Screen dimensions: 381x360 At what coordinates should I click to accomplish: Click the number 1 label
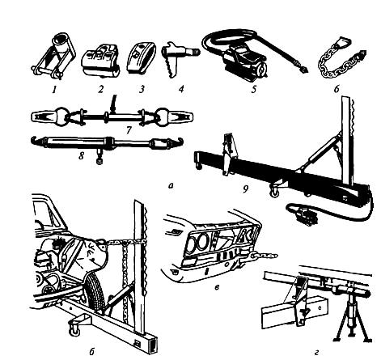click(x=55, y=89)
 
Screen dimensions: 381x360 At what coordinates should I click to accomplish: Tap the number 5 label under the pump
click(x=254, y=89)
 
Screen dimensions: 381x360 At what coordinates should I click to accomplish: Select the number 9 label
click(x=245, y=189)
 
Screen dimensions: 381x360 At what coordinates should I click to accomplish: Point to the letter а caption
click(x=170, y=186)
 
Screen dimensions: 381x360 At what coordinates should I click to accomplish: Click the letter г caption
click(x=317, y=352)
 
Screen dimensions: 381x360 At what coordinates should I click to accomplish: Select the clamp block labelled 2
click(x=100, y=59)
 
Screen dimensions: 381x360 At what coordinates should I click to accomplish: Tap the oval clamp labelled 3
click(x=141, y=57)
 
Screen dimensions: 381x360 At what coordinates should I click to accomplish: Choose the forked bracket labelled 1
click(x=54, y=56)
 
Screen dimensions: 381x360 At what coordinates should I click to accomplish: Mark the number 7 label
click(x=129, y=130)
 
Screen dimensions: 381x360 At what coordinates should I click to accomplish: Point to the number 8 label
click(x=82, y=155)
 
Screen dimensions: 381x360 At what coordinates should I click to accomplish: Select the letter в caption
click(x=217, y=287)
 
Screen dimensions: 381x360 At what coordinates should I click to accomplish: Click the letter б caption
click(x=91, y=351)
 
